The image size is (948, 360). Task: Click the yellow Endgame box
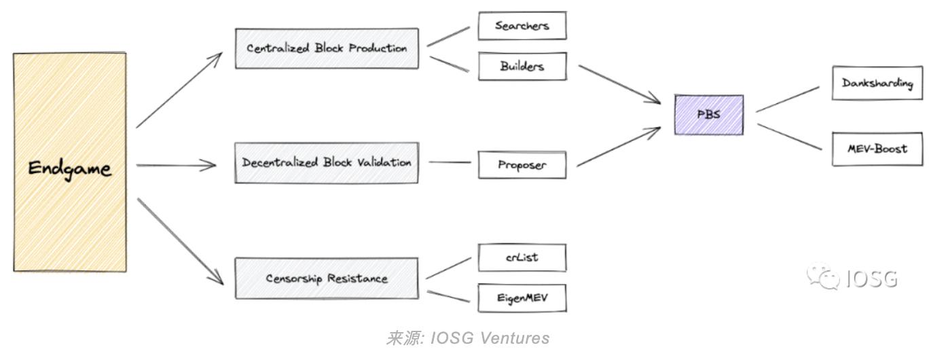pos(69,163)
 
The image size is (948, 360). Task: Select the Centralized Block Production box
pos(327,48)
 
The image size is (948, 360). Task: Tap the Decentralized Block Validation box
pos(327,163)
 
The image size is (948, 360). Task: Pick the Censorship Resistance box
pos(327,278)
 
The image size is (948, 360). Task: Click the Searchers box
pos(522,26)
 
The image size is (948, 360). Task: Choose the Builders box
pos(522,66)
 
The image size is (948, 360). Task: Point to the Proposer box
pos(522,165)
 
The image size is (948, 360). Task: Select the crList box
pos(522,257)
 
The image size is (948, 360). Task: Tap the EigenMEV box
pos(522,298)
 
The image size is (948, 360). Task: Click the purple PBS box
pos(708,115)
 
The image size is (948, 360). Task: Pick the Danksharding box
pos(877,83)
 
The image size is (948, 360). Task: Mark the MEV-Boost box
pos(877,149)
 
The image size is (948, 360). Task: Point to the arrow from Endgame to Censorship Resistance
pos(180,241)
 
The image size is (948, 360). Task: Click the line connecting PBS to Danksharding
pos(788,99)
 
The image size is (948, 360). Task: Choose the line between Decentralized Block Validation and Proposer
pos(449,162)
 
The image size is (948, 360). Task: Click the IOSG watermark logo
pos(852,278)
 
